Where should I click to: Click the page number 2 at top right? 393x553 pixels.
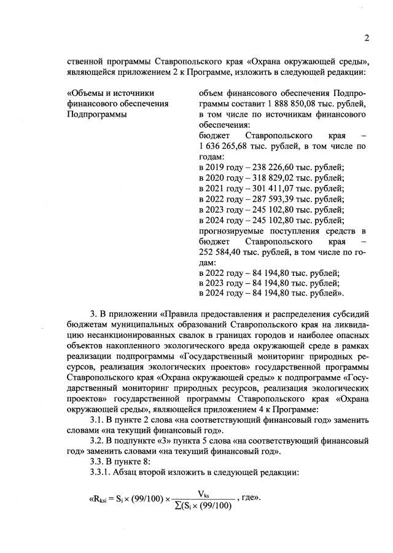click(x=366, y=38)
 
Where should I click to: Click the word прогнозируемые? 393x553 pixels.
click(x=230, y=232)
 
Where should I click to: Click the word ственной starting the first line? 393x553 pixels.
click(x=85, y=61)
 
